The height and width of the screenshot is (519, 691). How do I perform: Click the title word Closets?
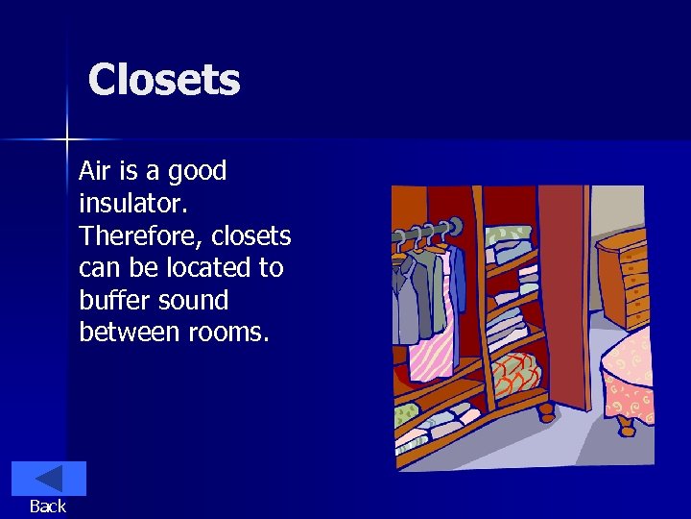pyautogui.click(x=164, y=80)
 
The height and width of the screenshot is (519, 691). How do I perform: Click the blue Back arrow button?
pyautogui.click(x=48, y=479)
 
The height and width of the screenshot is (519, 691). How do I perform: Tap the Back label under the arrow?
pyautogui.click(x=48, y=507)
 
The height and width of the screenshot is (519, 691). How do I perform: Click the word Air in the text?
pyautogui.click(x=94, y=171)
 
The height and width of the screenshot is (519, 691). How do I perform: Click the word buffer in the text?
pyautogui.click(x=110, y=301)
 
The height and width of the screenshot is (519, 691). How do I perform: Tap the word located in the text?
pyautogui.click(x=211, y=268)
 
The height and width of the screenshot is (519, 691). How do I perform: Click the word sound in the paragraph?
pyautogui.click(x=193, y=301)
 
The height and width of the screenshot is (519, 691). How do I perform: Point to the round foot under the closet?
pyautogui.click(x=545, y=413)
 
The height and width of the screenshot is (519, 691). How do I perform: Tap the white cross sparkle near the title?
pyautogui.click(x=67, y=140)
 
